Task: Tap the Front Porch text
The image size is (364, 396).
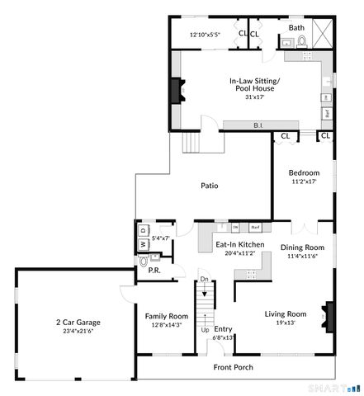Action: point(233,367)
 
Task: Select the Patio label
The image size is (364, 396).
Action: point(210,186)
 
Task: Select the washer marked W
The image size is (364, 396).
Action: point(143,245)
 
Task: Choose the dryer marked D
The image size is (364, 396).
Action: point(143,230)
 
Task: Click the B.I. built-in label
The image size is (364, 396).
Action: point(258,125)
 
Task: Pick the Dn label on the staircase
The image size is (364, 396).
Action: point(204,279)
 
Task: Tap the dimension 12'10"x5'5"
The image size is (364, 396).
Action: point(205,35)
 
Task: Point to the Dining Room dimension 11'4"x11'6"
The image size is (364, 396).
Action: point(303,257)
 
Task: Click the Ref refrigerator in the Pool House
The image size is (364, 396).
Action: point(326,112)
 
